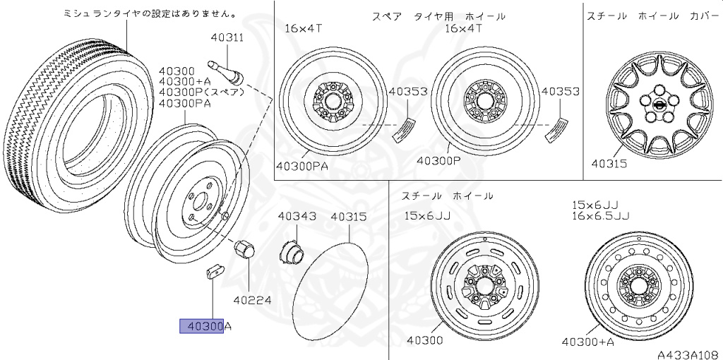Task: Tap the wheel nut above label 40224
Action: tap(244, 249)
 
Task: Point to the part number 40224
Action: tap(252, 299)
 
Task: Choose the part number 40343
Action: tap(297, 217)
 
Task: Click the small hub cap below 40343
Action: tap(291, 251)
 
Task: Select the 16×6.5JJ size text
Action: tap(601, 216)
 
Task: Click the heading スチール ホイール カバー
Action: tap(652, 15)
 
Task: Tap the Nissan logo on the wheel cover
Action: tap(659, 107)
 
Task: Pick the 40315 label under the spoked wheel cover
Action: tap(608, 163)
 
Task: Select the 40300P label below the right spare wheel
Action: tap(438, 160)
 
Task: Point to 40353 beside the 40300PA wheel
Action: tap(407, 92)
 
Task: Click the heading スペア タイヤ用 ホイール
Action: tap(438, 15)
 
